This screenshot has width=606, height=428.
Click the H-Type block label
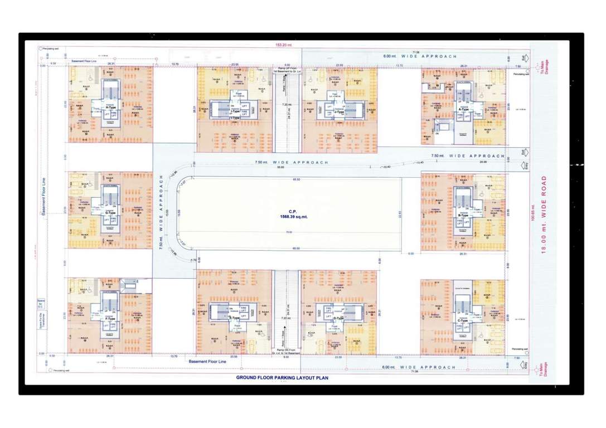coord(110,107)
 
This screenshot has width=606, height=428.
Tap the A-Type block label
coord(464,110)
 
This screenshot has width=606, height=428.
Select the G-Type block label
coord(110,212)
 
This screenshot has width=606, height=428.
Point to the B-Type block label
coord(463,215)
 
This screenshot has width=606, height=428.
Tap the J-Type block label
coord(338,112)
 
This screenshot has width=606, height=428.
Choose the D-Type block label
coord(338,318)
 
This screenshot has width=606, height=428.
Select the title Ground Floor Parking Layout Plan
coord(282,378)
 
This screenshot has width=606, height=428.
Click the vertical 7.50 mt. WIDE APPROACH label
coord(162,212)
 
